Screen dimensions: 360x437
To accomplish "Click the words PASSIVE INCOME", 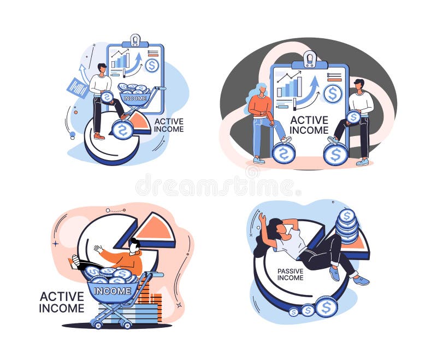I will click(290, 274).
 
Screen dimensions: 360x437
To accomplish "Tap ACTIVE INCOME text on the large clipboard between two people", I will click(309, 125).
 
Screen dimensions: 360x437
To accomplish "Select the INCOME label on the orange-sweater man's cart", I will click(113, 291).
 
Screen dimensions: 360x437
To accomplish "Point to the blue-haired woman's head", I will click(259, 90).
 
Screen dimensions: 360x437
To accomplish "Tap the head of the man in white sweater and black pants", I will click(359, 84).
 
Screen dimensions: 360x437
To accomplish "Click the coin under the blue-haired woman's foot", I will click(283, 153).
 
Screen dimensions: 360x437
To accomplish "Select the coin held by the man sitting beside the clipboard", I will click(353, 117).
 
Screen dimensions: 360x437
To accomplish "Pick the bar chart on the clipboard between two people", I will click(289, 87).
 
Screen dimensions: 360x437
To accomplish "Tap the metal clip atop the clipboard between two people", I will click(310, 58).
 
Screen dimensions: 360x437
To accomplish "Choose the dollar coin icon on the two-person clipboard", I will click(332, 93).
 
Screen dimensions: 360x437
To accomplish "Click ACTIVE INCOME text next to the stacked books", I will click(62, 302).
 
